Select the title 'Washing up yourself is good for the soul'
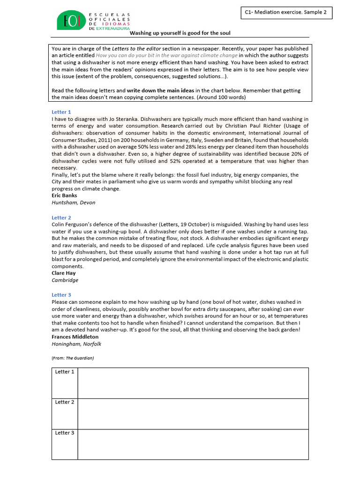click(x=180, y=33)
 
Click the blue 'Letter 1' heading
click(x=61, y=112)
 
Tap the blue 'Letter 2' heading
click(x=61, y=218)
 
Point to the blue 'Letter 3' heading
click(x=61, y=295)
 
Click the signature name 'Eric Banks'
click(x=65, y=196)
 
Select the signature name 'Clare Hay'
click(x=63, y=273)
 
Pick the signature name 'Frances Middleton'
click(x=75, y=337)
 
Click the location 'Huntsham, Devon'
click(x=73, y=203)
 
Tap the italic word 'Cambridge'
click(x=65, y=280)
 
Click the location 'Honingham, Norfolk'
click(x=76, y=344)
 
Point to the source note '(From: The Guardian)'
click(x=73, y=358)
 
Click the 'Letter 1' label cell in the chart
click(x=65, y=372)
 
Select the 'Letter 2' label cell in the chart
click(x=65, y=402)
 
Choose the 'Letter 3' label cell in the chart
click(x=65, y=433)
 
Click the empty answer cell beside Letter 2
click(x=193, y=414)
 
